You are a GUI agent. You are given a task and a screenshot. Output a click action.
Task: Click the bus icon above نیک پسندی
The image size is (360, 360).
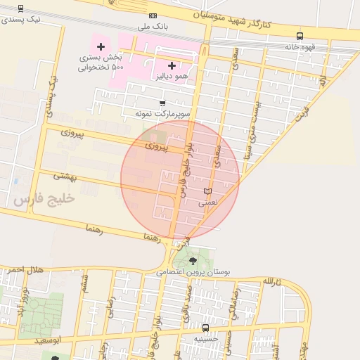[20, 8]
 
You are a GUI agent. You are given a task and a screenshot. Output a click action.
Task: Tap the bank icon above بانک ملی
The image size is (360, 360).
[153, 15]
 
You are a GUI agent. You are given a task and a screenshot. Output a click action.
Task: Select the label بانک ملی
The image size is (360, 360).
[153, 27]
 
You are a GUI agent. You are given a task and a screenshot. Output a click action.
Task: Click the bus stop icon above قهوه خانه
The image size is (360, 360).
[300, 36]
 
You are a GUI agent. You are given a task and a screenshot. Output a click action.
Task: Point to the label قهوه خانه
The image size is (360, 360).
[300, 47]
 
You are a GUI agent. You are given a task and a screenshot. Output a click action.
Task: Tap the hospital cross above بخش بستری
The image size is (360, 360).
[101, 46]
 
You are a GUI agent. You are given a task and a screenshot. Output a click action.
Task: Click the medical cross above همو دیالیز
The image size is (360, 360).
[172, 65]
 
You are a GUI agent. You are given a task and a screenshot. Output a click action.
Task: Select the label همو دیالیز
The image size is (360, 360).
[172, 75]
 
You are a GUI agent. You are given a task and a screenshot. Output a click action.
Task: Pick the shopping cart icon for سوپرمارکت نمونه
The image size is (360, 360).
[162, 103]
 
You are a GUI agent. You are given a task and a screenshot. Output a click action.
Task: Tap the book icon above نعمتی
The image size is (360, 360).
[207, 191]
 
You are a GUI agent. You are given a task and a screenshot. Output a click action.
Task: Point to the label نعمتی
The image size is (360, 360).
[207, 202]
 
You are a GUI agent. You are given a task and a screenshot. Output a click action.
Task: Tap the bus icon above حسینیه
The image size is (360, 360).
[205, 328]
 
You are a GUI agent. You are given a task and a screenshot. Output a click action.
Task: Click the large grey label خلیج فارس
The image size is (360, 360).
[44, 199]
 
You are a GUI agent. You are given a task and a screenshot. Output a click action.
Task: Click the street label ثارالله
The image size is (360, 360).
[272, 282]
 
